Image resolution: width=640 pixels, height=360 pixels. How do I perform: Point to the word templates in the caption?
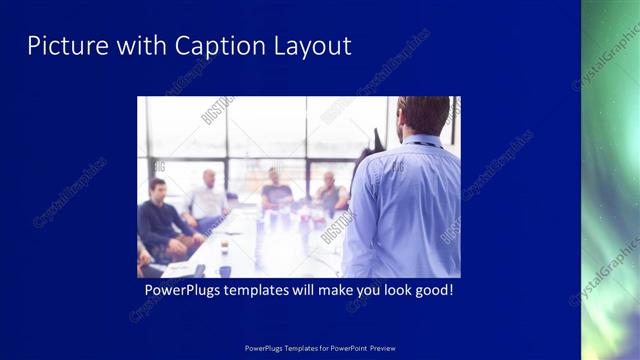point(268,291)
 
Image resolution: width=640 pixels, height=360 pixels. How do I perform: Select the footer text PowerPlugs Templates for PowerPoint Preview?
point(319,349)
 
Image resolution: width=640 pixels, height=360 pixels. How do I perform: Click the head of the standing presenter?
point(424,115)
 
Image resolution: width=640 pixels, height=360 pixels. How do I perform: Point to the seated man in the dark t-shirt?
point(276,190)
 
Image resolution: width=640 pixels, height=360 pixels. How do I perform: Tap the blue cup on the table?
point(225,270)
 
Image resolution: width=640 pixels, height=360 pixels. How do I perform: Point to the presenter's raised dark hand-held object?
point(376,140)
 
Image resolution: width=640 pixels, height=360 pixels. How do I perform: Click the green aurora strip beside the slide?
point(610,180)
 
